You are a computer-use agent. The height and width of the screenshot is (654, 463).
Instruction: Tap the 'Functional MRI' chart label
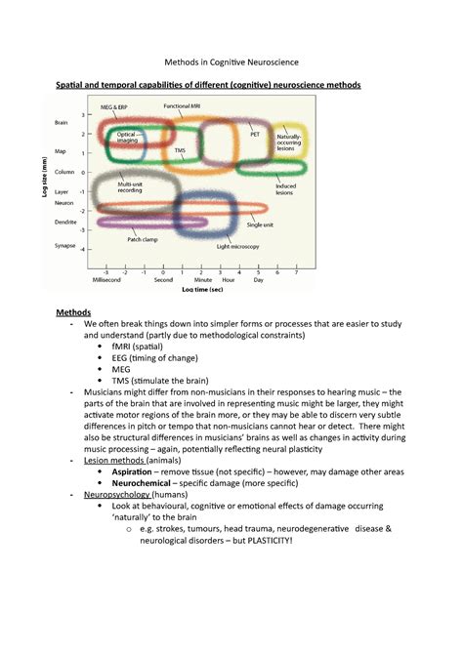(183, 104)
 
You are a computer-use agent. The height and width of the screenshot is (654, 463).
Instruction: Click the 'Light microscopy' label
(237, 247)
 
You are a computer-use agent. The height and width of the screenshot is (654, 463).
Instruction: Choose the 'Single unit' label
(260, 225)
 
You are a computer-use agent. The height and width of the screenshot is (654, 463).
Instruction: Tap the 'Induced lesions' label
(285, 188)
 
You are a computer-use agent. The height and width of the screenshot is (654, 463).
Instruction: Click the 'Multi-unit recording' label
(130, 186)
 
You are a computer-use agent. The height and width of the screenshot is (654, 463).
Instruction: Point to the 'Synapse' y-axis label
(65, 248)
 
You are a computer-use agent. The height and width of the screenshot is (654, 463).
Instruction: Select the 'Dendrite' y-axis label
(66, 223)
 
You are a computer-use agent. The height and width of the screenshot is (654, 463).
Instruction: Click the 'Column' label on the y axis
(64, 172)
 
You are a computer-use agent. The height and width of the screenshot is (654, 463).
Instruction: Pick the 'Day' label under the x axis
(258, 280)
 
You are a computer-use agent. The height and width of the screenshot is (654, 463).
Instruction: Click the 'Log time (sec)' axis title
(202, 290)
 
